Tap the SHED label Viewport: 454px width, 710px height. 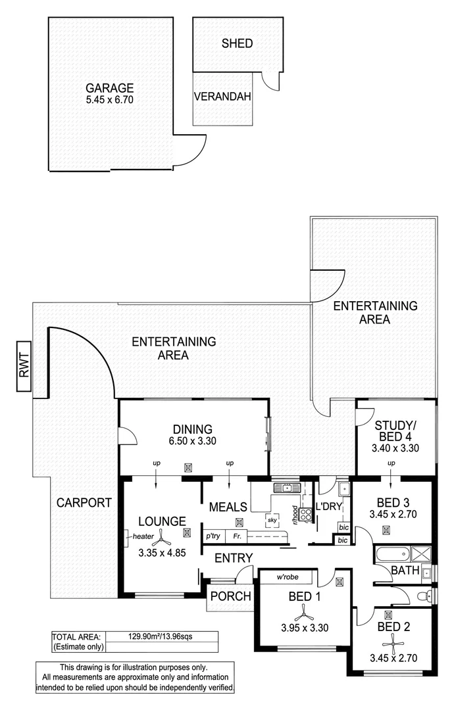pyautogui.click(x=237, y=44)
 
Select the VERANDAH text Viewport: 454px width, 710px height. pyautogui.click(x=222, y=97)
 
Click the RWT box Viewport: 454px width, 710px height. pyautogui.click(x=25, y=367)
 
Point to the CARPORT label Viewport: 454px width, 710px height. pyautogui.click(x=84, y=503)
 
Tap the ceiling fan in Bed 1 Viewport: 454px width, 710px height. pyautogui.click(x=303, y=613)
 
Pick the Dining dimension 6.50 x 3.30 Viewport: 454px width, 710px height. pyautogui.click(x=193, y=441)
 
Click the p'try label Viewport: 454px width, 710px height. pyautogui.click(x=213, y=536)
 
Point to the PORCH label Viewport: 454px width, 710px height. pyautogui.click(x=230, y=596)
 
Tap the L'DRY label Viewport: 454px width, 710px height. pyautogui.click(x=327, y=507)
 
